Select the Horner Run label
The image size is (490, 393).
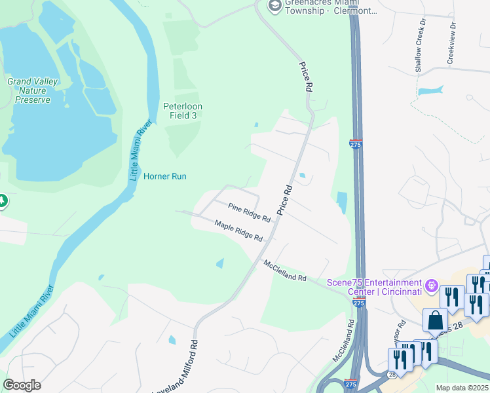(166, 176)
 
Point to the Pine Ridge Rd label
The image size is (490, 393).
(249, 212)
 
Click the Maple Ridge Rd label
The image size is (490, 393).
(238, 229)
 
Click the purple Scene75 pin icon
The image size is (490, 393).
(431, 286)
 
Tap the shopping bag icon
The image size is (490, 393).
(435, 320)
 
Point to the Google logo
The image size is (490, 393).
(22, 385)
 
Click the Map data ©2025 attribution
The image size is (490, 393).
(461, 388)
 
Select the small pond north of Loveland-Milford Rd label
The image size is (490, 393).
(172, 340)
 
